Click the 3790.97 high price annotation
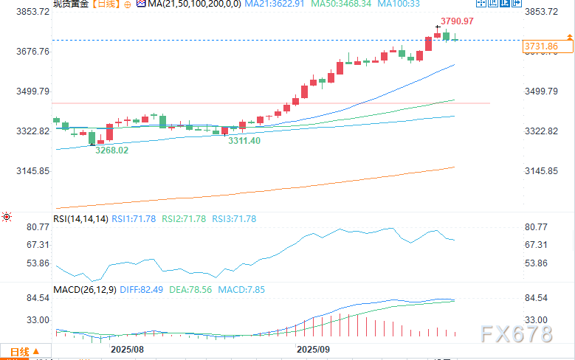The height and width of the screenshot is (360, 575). pyautogui.click(x=458, y=21)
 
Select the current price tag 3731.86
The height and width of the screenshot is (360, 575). pyautogui.click(x=540, y=46)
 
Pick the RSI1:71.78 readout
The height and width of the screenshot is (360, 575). pyautogui.click(x=134, y=218)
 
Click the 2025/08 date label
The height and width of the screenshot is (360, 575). pyautogui.click(x=127, y=347)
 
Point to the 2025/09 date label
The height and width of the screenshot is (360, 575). pyautogui.click(x=313, y=347)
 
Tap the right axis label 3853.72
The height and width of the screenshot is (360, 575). pyautogui.click(x=541, y=12)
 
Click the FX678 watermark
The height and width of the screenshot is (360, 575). pyautogui.click(x=517, y=334)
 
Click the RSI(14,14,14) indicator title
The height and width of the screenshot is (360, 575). pyautogui.click(x=81, y=218)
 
